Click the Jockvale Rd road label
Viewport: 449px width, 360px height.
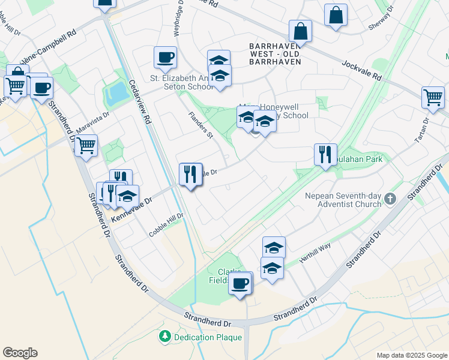point(361,70)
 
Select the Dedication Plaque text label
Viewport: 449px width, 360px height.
point(208,337)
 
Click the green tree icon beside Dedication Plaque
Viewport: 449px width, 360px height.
point(164,337)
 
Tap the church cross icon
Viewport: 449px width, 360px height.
point(390,198)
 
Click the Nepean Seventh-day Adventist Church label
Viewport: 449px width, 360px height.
point(334,199)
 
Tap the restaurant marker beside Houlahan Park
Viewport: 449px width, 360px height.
point(325,155)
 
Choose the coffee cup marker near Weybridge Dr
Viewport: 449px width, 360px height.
point(165,58)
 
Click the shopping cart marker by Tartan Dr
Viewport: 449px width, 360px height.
point(433,97)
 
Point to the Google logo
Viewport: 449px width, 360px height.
point(20,353)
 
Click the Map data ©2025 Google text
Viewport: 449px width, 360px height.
point(412,355)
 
